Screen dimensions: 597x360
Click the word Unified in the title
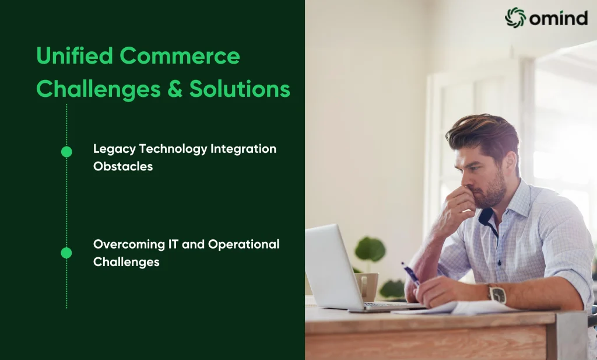pos(75,55)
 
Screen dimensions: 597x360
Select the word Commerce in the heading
pos(180,56)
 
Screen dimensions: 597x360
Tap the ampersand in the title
pos(175,89)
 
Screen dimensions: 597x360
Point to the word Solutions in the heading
pos(240,89)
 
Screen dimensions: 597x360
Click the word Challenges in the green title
pos(99,90)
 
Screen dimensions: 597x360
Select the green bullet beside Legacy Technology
pos(66,152)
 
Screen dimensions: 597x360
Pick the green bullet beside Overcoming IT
pos(66,253)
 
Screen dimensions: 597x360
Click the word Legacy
pos(114,149)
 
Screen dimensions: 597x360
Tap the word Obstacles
pos(123,166)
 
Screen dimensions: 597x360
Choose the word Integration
pos(243,149)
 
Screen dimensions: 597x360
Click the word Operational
pos(244,244)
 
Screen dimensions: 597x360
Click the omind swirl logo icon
pos(515,18)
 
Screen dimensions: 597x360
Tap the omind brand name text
pos(559,18)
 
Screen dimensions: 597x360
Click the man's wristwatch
pos(497,295)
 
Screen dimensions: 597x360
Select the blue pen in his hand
pos(410,274)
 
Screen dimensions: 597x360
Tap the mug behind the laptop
pos(366,286)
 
